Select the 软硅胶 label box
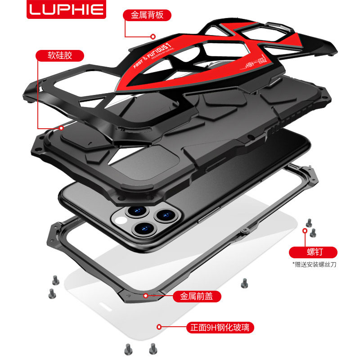point(60,56)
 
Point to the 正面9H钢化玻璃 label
point(220,327)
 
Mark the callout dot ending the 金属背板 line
point(153,36)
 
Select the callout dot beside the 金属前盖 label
point(145,296)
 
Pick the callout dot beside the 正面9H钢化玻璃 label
point(158,327)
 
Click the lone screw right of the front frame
point(244,283)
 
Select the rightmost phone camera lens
point(162,214)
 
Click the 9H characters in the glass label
point(215,328)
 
